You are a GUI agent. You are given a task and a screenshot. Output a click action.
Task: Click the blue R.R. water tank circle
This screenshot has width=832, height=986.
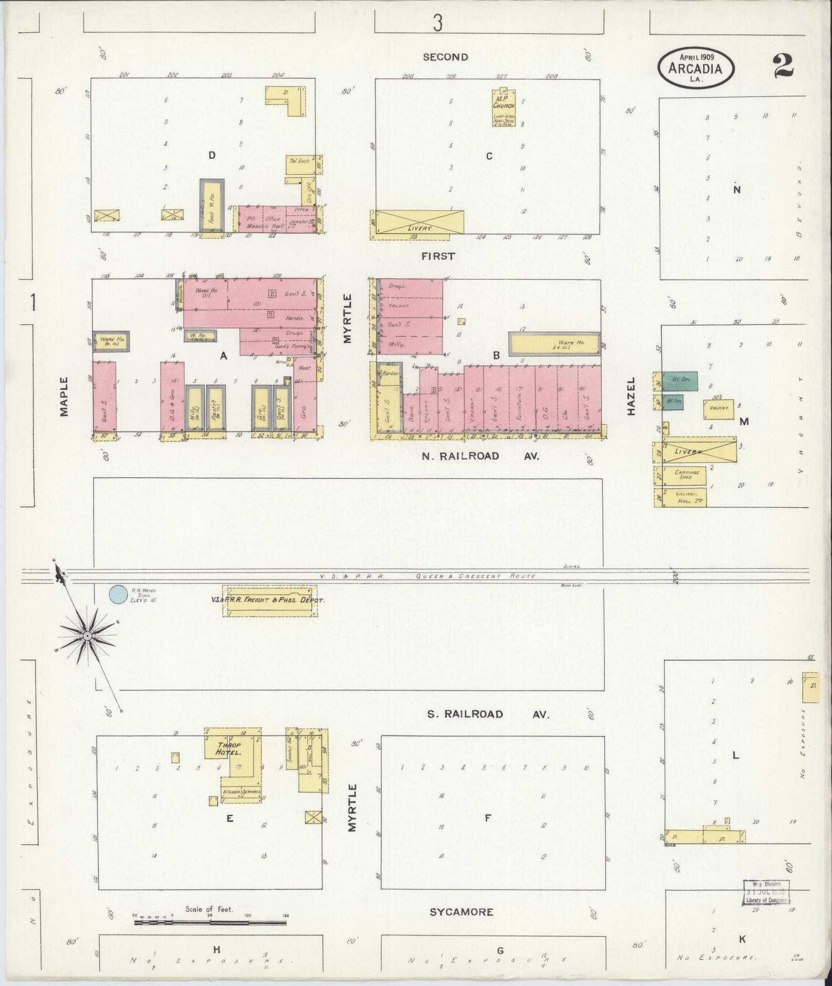click(x=118, y=594)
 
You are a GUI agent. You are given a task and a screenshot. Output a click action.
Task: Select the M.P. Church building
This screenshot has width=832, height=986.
click(x=504, y=108)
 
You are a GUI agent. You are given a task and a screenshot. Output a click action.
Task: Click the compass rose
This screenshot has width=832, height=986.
click(x=87, y=637)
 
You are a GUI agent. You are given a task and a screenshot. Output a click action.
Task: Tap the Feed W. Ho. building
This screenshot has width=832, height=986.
click(x=211, y=206)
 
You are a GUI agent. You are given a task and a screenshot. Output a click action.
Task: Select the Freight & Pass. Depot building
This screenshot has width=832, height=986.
click(x=269, y=600)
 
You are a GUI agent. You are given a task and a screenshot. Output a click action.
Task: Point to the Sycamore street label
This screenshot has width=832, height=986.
click(x=461, y=912)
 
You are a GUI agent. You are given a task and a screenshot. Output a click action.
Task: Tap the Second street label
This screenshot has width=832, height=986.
click(x=445, y=57)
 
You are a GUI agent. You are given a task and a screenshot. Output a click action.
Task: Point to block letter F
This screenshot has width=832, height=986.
click(x=488, y=817)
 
